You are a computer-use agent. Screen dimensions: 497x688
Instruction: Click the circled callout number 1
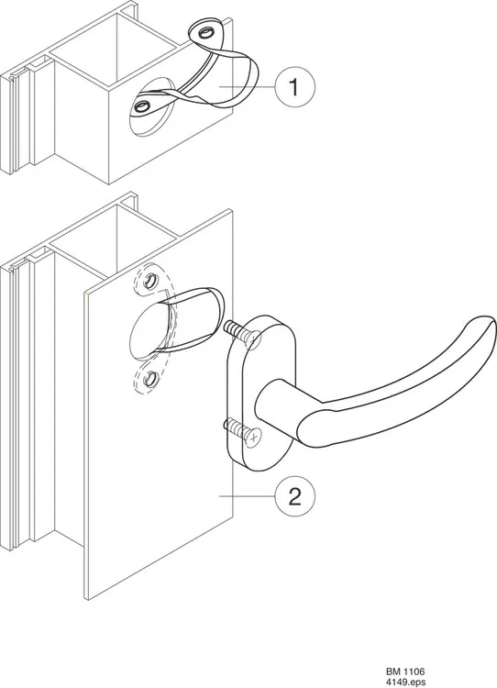294,86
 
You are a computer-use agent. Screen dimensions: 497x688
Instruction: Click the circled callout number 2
294,496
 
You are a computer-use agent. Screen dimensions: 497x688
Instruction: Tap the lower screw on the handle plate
243,430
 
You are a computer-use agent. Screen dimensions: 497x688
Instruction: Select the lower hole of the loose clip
142,105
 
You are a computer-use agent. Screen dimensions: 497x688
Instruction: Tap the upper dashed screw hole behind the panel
151,280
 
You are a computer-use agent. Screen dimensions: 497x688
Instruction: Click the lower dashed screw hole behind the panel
151,378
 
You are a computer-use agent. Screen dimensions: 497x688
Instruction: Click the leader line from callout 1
247,86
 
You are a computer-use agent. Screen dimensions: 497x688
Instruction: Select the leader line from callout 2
247,496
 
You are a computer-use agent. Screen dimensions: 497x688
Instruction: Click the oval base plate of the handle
262,394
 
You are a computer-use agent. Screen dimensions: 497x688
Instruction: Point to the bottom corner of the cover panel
88,599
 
